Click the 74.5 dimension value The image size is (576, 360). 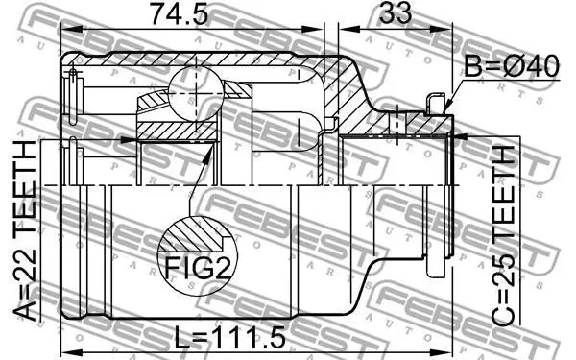pos(180,13)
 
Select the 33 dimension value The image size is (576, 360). pos(396,12)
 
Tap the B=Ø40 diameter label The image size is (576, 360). pos(512,66)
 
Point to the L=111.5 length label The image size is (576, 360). pos(229,338)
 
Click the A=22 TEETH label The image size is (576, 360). pos(25,230)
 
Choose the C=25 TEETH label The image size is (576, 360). pos(504,235)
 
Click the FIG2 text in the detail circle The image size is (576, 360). pos(199,268)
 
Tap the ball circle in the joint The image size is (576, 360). pos(196,94)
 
